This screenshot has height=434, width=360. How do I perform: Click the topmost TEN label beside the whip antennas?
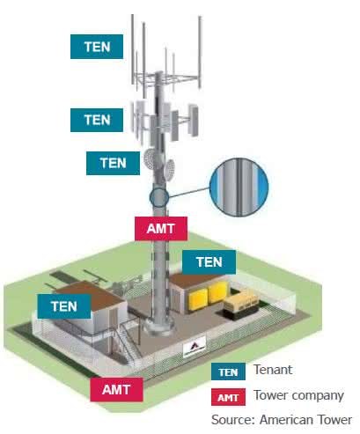point(97,47)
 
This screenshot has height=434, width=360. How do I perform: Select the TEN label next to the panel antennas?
point(97,120)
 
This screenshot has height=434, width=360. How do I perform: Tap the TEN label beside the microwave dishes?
point(113,163)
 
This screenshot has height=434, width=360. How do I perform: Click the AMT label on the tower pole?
point(161,229)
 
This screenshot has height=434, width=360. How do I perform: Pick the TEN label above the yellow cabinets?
point(209,262)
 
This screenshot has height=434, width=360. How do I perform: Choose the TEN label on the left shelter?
point(64,306)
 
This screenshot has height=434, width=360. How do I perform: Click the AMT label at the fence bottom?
point(116,390)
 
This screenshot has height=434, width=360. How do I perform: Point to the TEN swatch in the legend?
point(228,371)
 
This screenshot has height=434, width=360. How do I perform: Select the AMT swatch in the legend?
point(228,397)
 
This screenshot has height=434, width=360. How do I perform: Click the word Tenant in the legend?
point(273,370)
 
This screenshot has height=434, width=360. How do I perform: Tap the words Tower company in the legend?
point(298,395)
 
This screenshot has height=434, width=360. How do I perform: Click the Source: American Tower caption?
point(282,420)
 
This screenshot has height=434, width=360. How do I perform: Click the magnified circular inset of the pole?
point(239,188)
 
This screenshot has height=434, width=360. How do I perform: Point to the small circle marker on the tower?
point(159,197)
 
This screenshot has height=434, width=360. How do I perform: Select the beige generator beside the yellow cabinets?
point(242,303)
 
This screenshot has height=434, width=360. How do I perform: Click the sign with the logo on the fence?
point(195,347)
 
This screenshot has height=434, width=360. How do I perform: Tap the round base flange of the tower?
point(158,327)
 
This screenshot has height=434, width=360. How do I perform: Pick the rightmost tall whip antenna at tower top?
point(200,52)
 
